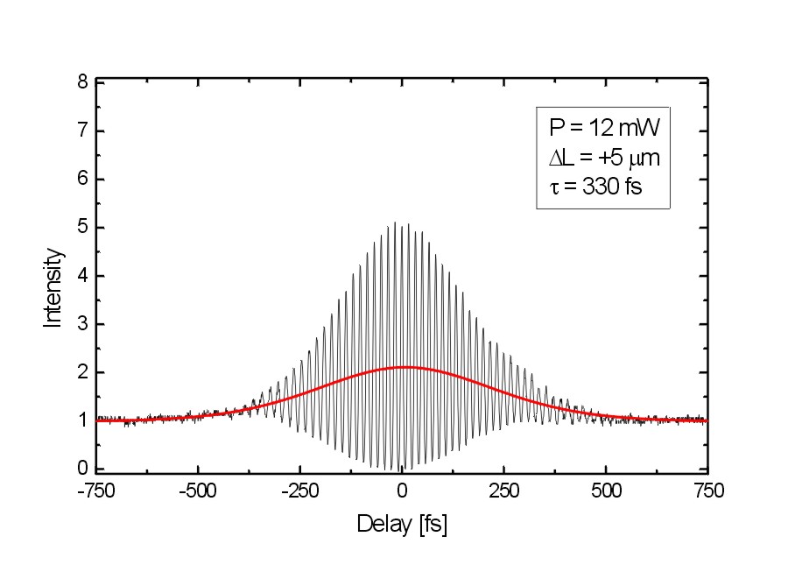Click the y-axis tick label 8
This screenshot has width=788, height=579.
pyautogui.click(x=82, y=83)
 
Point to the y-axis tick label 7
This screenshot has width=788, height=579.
pyautogui.click(x=82, y=131)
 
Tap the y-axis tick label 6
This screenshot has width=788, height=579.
pyautogui.click(x=82, y=180)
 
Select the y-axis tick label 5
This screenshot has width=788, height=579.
pyautogui.click(x=82, y=228)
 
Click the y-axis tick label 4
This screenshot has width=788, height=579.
pyautogui.click(x=82, y=276)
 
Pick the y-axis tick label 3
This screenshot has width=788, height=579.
pyautogui.click(x=82, y=324)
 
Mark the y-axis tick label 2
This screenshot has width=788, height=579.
pyautogui.click(x=82, y=372)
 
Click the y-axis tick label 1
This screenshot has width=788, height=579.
pyautogui.click(x=82, y=420)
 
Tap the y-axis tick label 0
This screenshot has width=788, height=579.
pyautogui.click(x=82, y=469)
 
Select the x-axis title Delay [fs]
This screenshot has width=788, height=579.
pyautogui.click(x=402, y=525)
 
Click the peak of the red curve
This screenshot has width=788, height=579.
pyautogui.click(x=404, y=367)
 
